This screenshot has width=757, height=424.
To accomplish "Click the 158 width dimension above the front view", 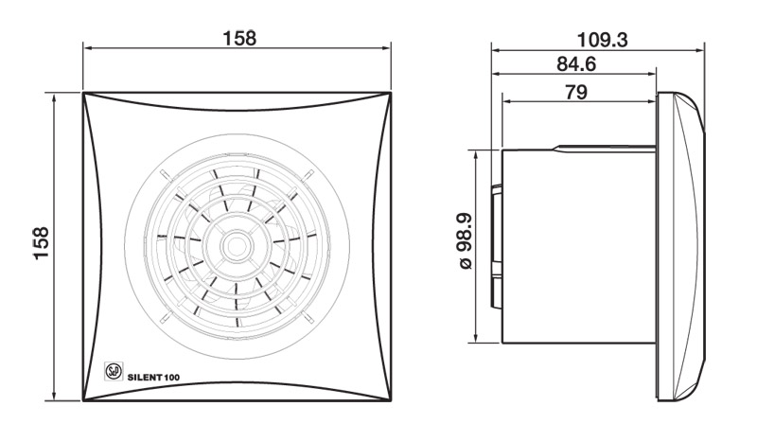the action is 239,38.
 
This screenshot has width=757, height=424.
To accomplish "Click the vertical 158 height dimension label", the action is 41,243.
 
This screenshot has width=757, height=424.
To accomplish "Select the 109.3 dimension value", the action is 602,40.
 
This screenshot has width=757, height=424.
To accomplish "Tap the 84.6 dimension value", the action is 576,63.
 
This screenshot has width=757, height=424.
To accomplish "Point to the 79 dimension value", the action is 576,91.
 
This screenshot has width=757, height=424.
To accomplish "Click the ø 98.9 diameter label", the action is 466,241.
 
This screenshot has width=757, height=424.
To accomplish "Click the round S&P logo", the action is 114,371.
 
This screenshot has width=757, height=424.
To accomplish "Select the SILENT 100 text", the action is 153,378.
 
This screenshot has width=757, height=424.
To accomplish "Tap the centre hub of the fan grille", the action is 237,246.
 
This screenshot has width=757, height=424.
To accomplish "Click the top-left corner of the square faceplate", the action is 83,93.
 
